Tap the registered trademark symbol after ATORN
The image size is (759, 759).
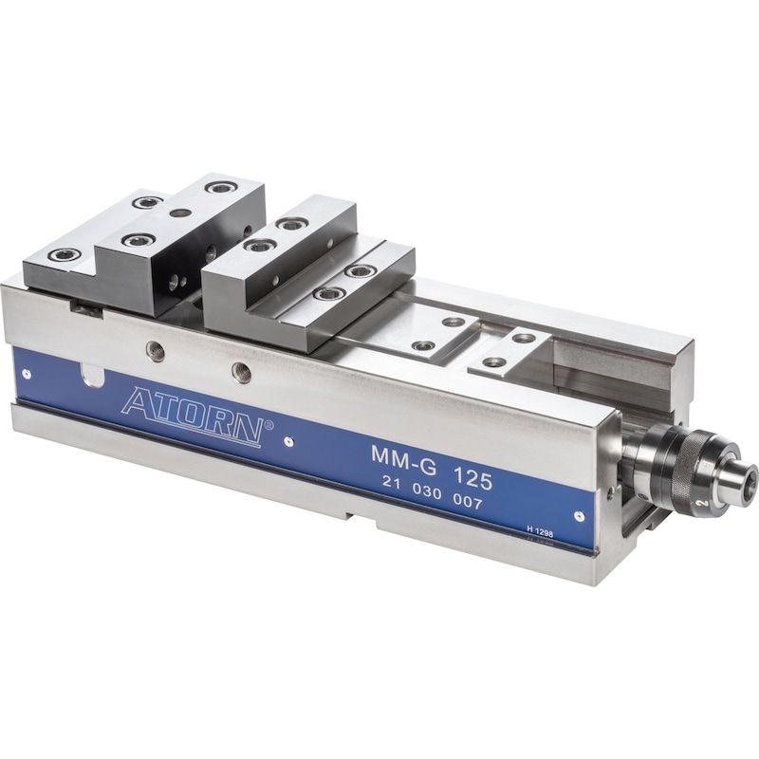point(269,427)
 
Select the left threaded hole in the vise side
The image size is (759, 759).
point(156,351)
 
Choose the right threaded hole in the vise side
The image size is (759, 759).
point(242,373)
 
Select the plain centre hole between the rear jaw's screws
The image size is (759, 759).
point(180,213)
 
